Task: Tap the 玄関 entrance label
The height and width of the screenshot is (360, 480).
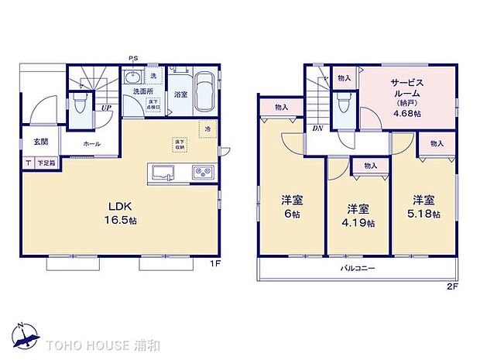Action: point(41,142)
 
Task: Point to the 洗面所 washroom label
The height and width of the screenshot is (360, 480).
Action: point(143,91)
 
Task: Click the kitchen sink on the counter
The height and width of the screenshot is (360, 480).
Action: point(165,171)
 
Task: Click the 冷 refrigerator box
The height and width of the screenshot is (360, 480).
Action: point(207,129)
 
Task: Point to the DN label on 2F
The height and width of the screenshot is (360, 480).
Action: point(317,128)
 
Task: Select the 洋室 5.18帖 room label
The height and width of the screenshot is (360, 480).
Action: point(426,205)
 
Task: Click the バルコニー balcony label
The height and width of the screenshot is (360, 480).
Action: point(358,269)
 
